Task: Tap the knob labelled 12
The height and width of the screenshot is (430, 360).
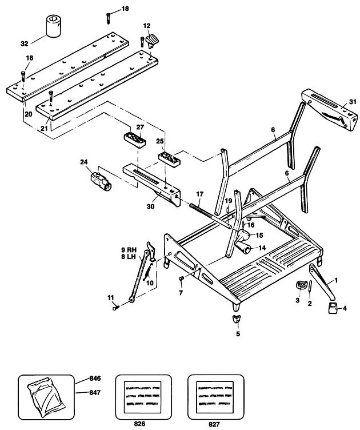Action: click(152, 41)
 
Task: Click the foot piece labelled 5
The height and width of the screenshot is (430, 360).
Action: click(236, 318)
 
